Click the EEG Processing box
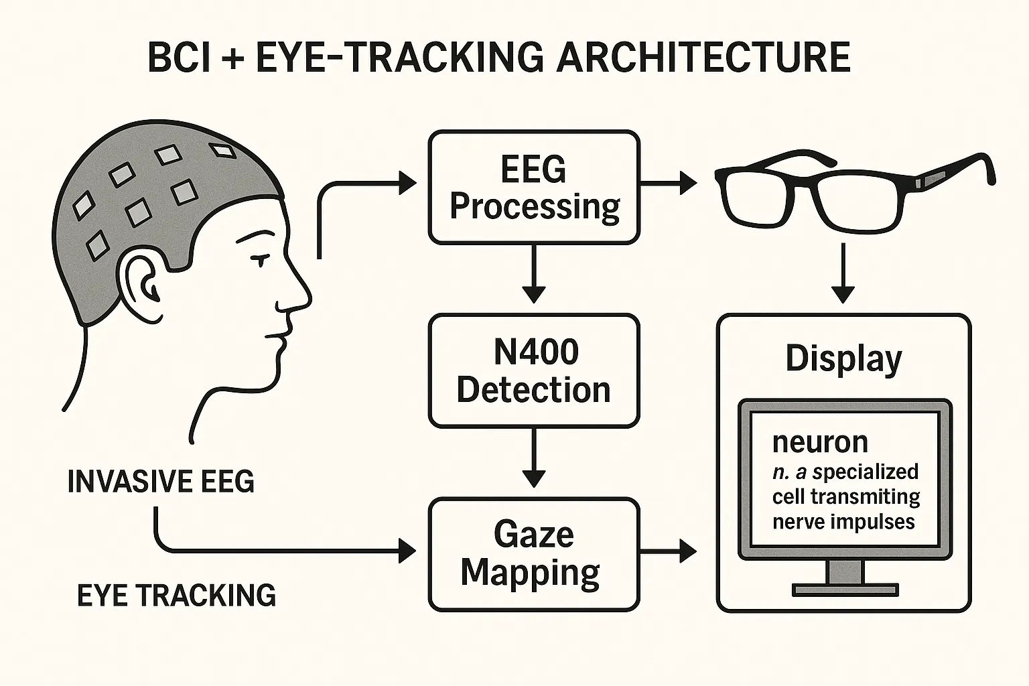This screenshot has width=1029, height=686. click(534, 187)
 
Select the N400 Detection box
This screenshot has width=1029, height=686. click(534, 370)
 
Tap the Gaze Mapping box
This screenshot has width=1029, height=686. click(534, 554)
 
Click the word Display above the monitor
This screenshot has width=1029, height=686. click(843, 359)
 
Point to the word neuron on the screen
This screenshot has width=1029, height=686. click(820, 442)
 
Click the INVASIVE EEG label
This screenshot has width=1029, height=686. click(161, 482)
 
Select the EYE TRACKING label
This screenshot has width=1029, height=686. click(176, 596)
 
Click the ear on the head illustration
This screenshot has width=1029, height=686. click(141, 277)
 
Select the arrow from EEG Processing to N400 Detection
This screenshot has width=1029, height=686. click(534, 275)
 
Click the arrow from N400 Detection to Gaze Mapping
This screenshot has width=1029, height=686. click(534, 459)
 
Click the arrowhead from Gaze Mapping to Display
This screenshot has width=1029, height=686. click(687, 551)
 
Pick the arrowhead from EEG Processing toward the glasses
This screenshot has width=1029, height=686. click(687, 182)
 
